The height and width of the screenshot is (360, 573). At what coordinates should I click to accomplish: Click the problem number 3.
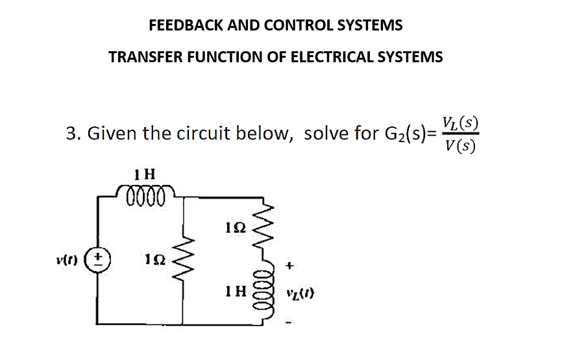pyautogui.click(x=72, y=134)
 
